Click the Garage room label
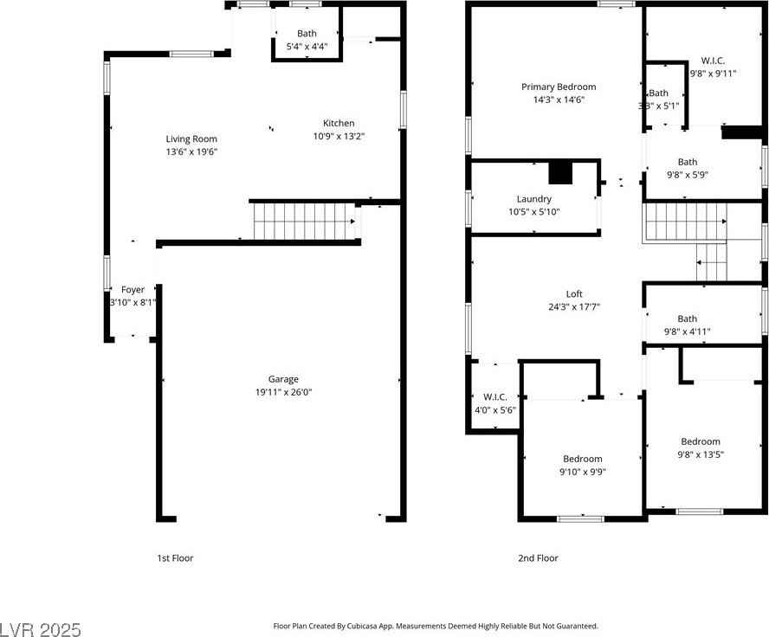283,379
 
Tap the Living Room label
191,138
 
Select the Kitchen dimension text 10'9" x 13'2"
339,136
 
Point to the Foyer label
132,290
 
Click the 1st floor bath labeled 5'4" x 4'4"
307,40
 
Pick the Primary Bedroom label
559,87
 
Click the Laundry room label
533,199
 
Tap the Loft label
574,293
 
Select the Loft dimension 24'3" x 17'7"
574,306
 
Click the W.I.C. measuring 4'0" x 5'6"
495,403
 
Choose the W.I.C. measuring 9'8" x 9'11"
713,68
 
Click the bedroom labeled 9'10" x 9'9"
582,465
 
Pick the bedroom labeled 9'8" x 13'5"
700,447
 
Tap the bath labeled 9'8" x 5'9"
687,168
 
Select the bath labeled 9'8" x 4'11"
687,325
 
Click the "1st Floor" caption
175,558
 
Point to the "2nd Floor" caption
537,558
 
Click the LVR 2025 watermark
42,626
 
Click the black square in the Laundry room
561,173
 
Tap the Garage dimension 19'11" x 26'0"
283,392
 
